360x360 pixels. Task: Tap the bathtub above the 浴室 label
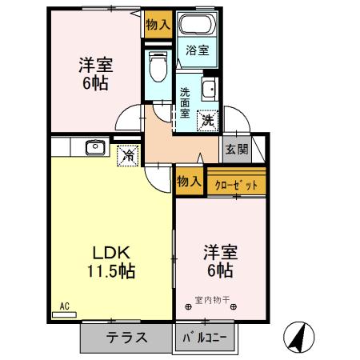point(198,25)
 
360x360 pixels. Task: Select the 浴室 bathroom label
point(198,50)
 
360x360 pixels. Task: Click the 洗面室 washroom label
point(185,102)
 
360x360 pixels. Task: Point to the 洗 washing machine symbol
point(207,120)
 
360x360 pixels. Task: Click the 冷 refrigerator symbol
point(128,155)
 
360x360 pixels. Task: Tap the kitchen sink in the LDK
point(94,147)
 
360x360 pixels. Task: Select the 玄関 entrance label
point(236,149)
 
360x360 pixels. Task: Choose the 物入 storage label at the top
point(157,25)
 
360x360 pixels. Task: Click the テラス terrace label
point(126,337)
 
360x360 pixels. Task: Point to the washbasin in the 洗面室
point(210,88)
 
